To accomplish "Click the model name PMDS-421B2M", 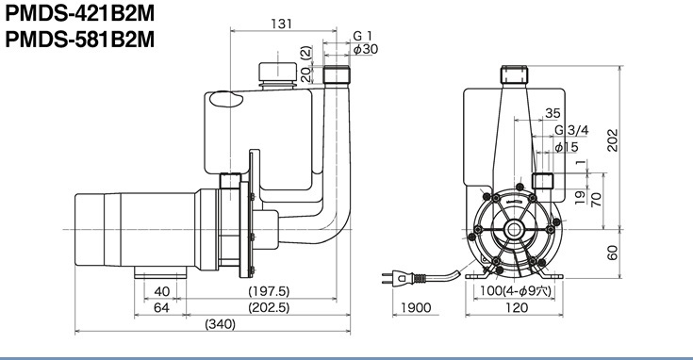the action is click(80, 13).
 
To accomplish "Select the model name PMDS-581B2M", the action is click(80, 40).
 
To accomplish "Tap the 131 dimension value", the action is click(282, 24).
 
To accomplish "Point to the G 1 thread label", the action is click(362, 36).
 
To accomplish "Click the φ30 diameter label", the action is click(366, 49).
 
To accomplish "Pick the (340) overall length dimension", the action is click(220, 324).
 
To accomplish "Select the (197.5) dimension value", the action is click(269, 291).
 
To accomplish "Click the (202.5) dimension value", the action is click(269, 307).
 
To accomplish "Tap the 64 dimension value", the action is click(161, 307).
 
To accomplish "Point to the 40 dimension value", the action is click(162, 291).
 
